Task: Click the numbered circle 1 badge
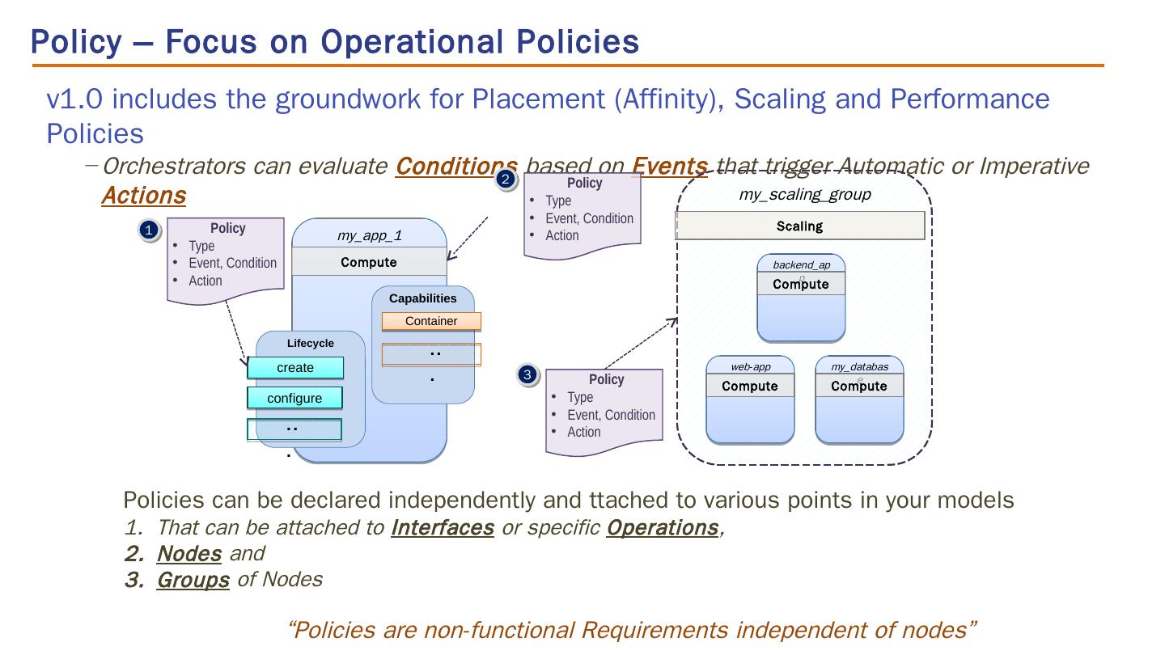[x=148, y=231]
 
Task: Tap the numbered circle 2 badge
[x=505, y=180]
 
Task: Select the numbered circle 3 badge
[x=527, y=375]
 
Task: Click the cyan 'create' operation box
[x=295, y=368]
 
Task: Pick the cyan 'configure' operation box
[x=294, y=398]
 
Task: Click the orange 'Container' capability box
[x=431, y=321]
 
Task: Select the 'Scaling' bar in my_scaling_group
[x=799, y=226]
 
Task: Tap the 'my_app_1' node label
[x=369, y=235]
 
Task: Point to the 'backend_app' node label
[x=801, y=265]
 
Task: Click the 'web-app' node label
[x=750, y=366]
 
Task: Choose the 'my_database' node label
[x=859, y=367]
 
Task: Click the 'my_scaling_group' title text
[x=804, y=194]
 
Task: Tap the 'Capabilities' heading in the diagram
[x=422, y=298]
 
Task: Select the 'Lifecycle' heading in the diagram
[x=310, y=344]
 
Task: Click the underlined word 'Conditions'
[x=455, y=166]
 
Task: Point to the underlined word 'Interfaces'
[x=442, y=527]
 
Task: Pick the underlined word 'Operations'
[x=662, y=527]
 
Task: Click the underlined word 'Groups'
[x=193, y=580]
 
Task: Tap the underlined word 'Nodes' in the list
[x=189, y=553]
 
